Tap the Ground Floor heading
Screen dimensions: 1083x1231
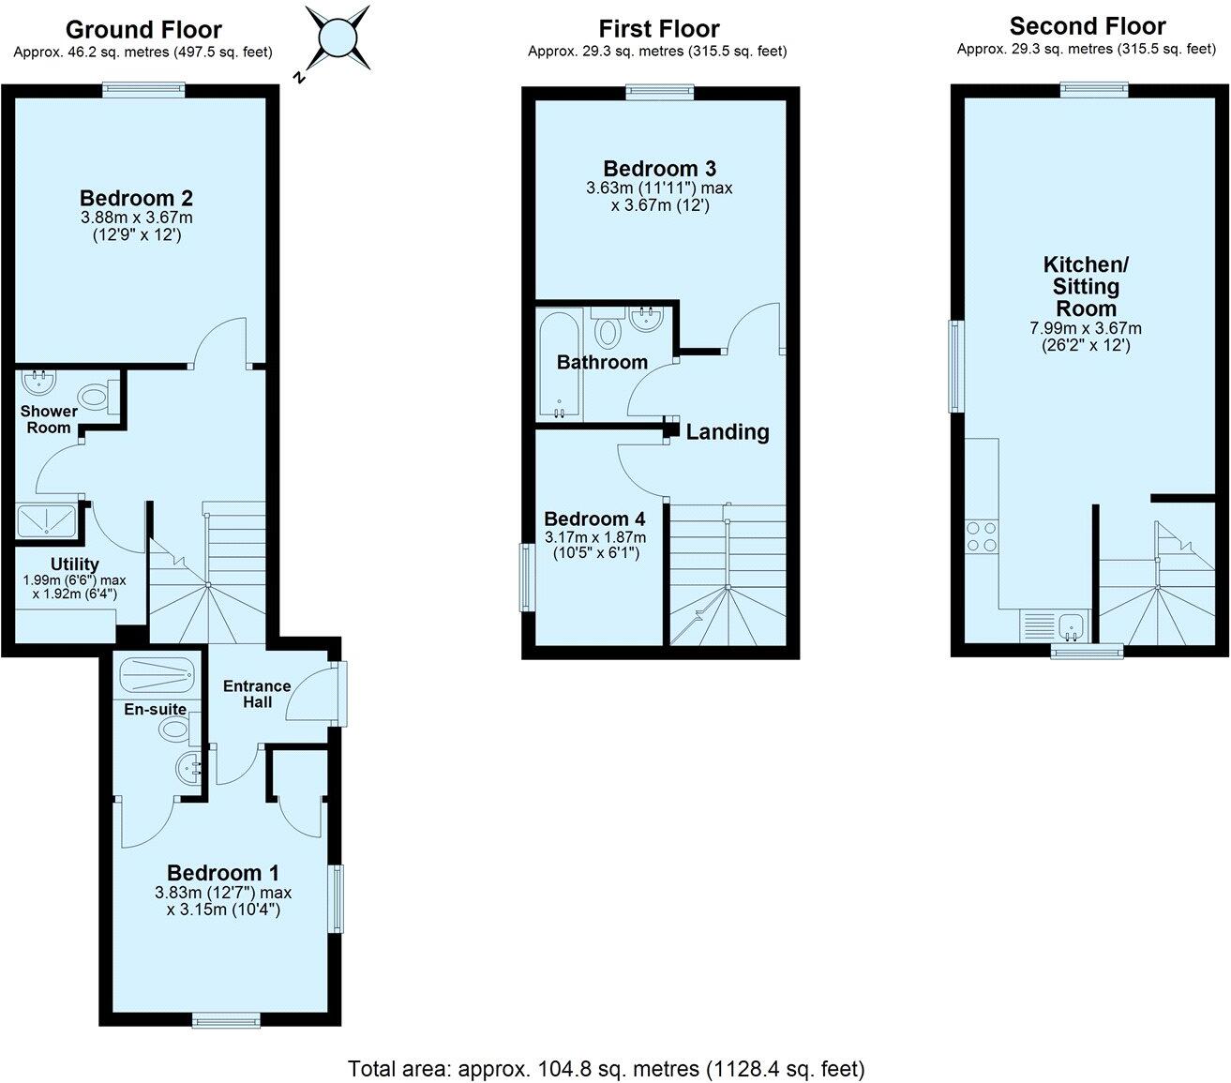click(144, 30)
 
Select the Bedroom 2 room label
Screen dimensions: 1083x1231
click(136, 199)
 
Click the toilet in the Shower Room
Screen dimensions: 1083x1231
click(95, 397)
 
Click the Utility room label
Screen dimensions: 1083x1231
click(75, 564)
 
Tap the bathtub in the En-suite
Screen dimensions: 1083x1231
click(157, 674)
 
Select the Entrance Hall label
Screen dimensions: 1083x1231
click(256, 694)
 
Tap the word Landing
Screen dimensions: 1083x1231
click(728, 432)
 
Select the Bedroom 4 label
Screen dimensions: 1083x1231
click(594, 519)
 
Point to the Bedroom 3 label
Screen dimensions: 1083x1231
click(659, 169)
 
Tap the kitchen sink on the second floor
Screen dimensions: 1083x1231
click(1070, 623)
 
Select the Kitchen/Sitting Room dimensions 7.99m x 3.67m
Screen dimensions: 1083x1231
click(1087, 328)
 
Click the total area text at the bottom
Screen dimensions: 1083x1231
click(606, 1068)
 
